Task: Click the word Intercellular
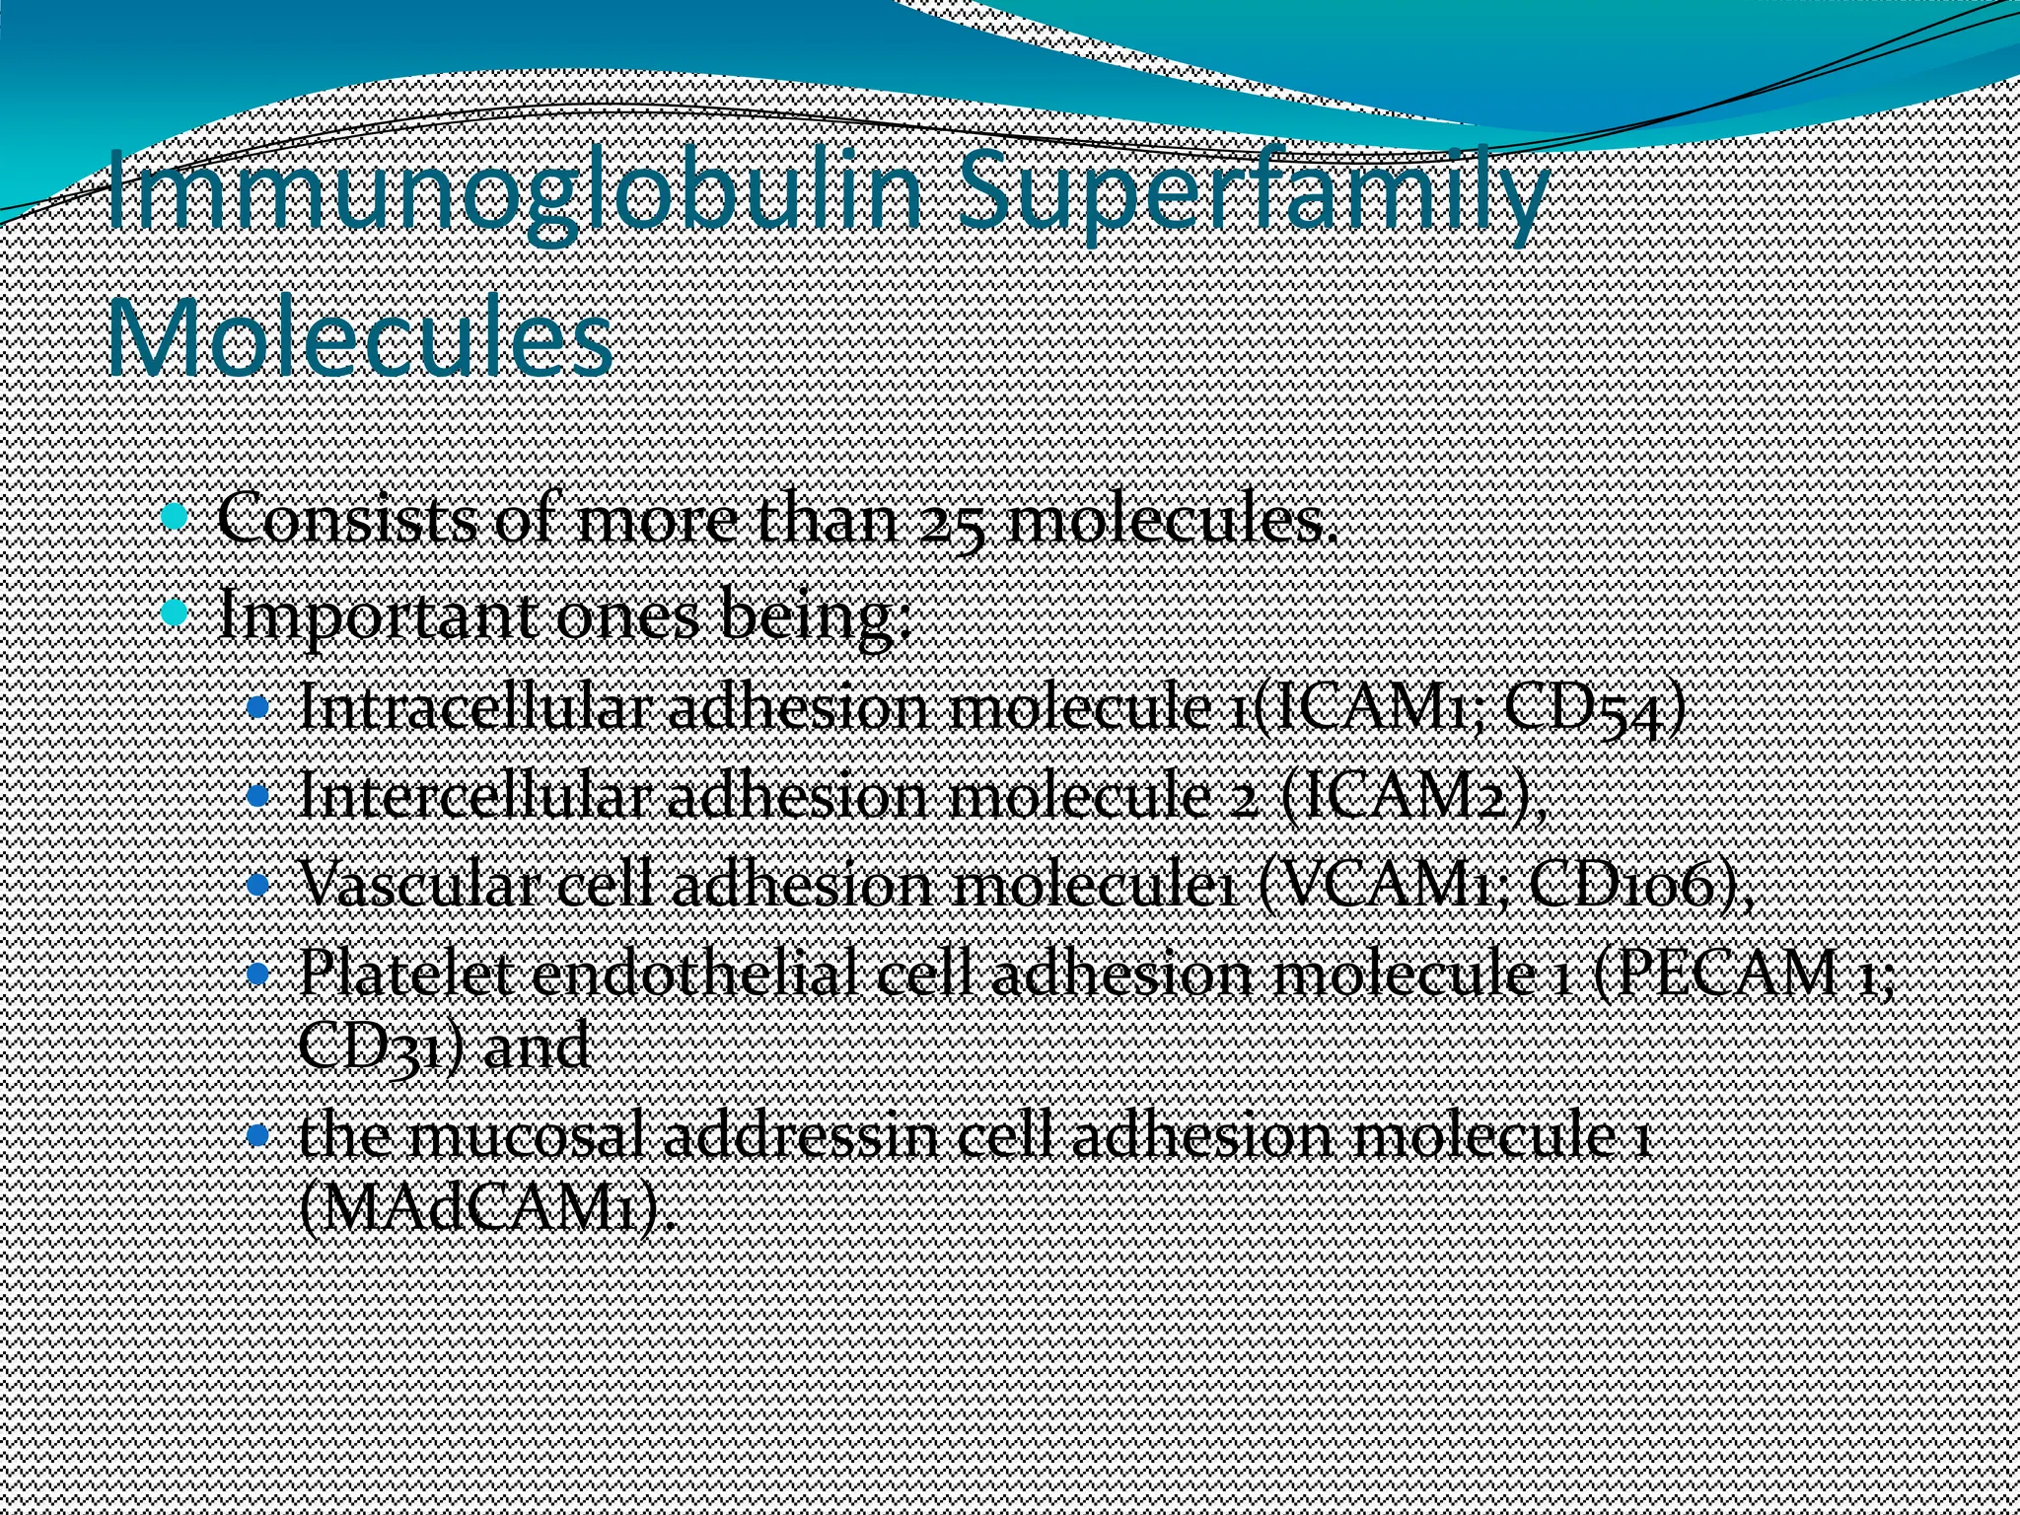[x=473, y=794]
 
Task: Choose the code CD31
[x=371, y=1046]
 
